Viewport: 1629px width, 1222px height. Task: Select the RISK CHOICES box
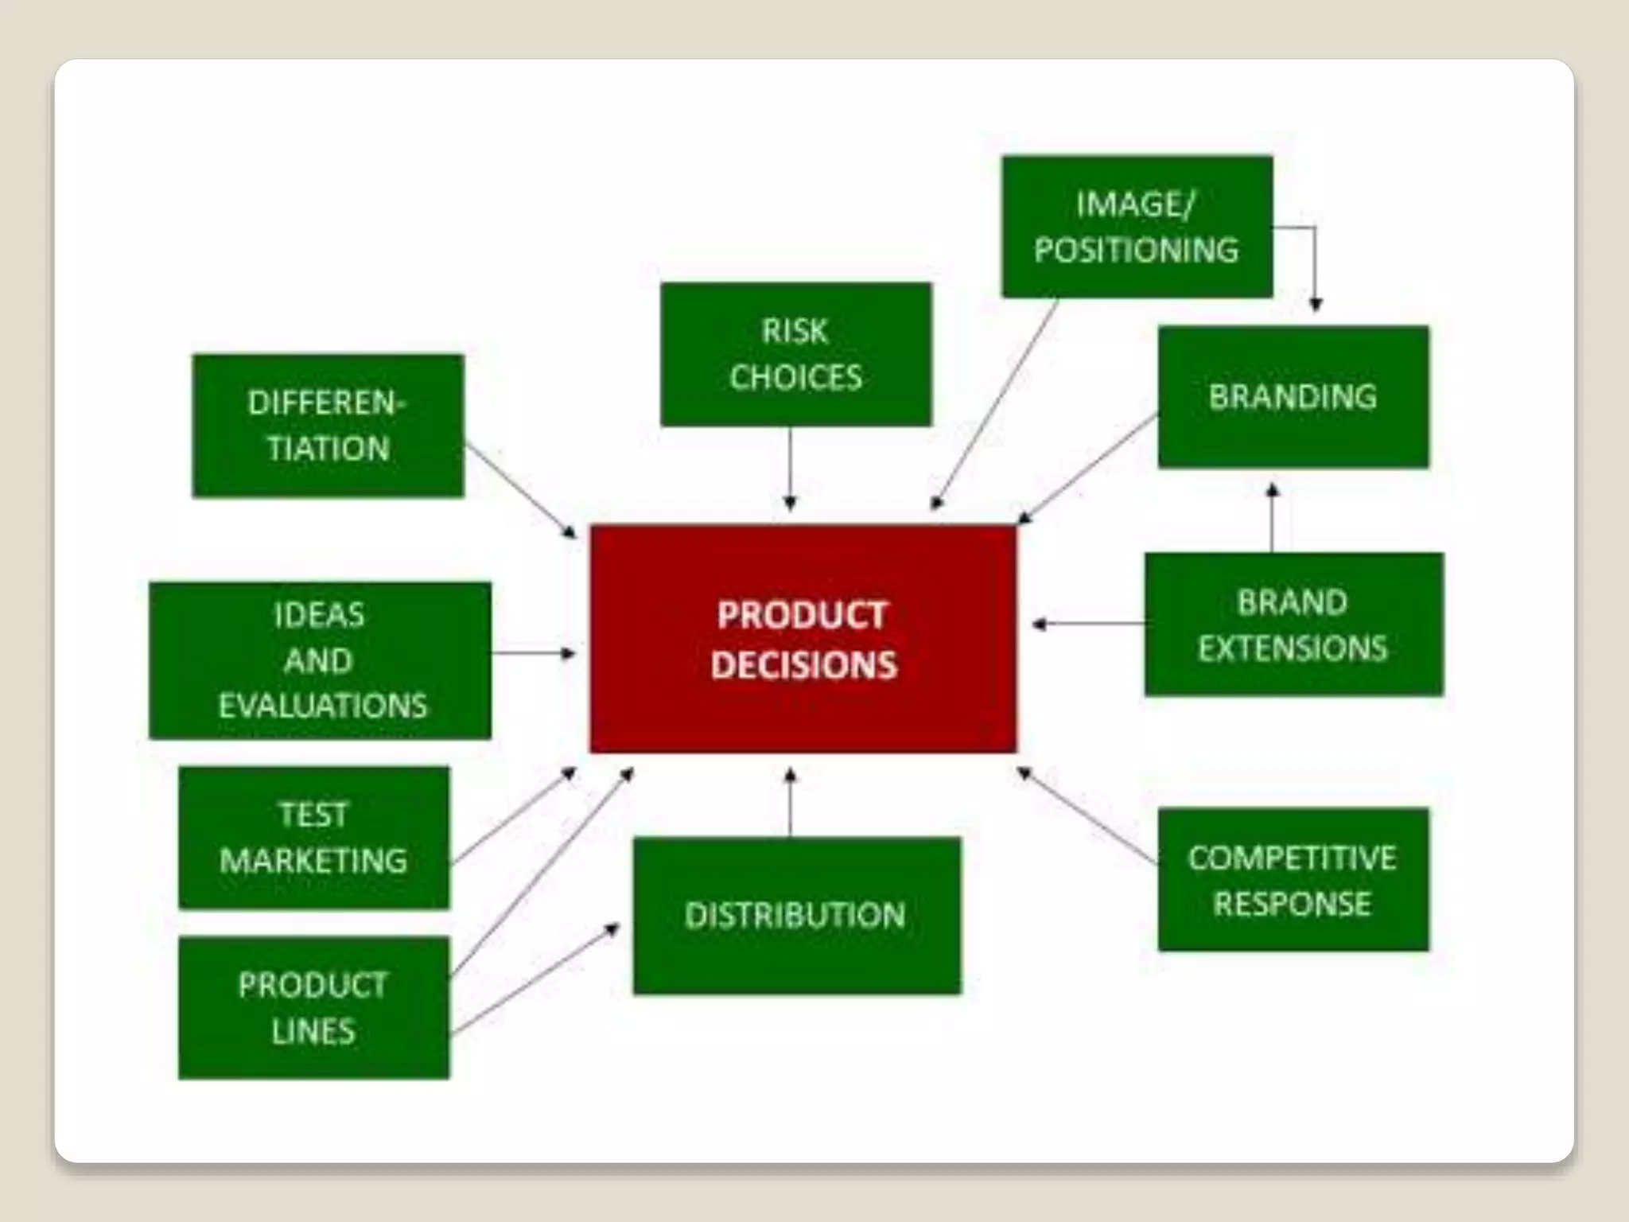pyautogui.click(x=795, y=354)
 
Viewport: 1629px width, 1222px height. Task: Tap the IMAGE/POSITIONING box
pyautogui.click(x=1137, y=227)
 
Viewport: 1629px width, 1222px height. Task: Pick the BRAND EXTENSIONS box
pyautogui.click(x=1293, y=625)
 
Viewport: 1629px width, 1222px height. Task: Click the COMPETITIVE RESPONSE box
pyautogui.click(x=1293, y=879)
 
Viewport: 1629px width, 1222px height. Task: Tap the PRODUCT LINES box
pyautogui.click(x=313, y=1007)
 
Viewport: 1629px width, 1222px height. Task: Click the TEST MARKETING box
pyautogui.click(x=313, y=837)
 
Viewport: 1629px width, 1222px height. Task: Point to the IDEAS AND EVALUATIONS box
pyautogui.click(x=320, y=660)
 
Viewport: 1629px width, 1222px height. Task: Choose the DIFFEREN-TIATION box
pyautogui.click(x=328, y=426)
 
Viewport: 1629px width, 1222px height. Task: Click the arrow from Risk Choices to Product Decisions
pyautogui.click(x=790, y=469)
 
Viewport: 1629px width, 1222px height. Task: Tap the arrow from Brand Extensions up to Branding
pyautogui.click(x=1272, y=517)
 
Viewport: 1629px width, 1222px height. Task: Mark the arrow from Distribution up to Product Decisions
pyautogui.click(x=790, y=804)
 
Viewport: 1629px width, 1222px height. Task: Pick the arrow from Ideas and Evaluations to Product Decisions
pyautogui.click(x=533, y=653)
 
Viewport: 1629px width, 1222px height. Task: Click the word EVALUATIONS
pyautogui.click(x=322, y=706)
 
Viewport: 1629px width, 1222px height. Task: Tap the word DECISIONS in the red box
pyautogui.click(x=803, y=665)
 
